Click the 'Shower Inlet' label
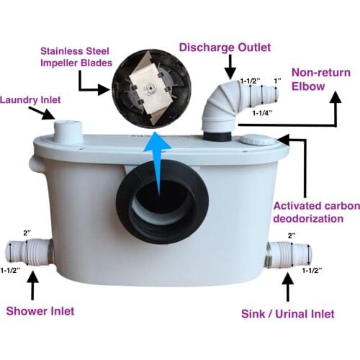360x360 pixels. coord(40,311)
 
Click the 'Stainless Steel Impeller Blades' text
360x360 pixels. coord(74,58)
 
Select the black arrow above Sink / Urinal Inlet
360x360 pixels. coord(288,288)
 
